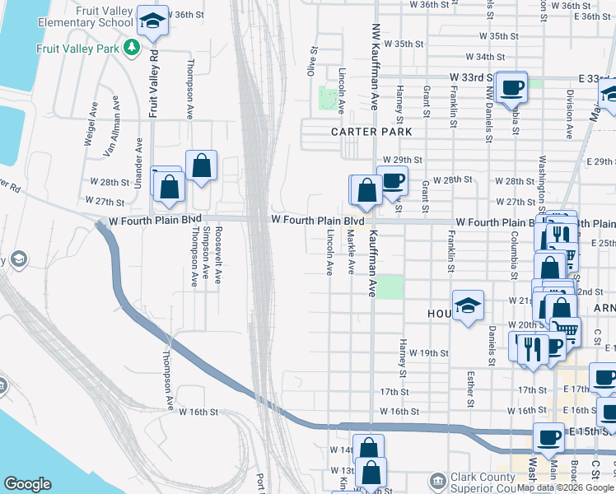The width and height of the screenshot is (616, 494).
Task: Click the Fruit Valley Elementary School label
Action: (86, 16)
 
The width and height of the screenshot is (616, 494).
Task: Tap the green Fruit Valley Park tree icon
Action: (130, 47)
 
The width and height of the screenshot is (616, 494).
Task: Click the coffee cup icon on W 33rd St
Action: (511, 86)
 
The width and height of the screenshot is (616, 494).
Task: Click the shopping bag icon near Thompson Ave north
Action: (201, 165)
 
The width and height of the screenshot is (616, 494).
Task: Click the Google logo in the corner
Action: (27, 484)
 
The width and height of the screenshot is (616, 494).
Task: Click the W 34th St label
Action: (484, 57)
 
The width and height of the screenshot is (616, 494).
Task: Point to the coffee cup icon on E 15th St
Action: (548, 437)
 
